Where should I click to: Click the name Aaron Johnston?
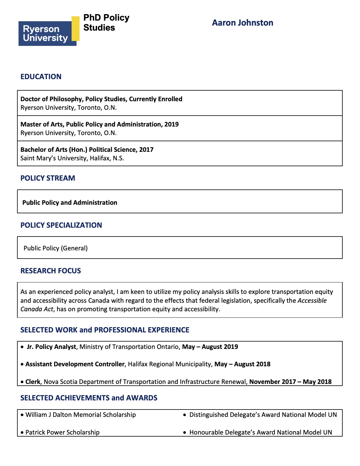242,23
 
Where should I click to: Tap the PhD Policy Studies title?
106,23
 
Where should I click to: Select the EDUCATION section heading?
41,76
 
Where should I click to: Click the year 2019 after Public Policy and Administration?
171,124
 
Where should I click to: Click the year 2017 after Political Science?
146,149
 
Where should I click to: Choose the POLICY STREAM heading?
48,178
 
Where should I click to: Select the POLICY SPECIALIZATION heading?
61,225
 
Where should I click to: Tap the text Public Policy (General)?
56,248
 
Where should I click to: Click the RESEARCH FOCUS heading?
51,271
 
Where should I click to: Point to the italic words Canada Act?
37,309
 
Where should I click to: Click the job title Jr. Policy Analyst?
51,347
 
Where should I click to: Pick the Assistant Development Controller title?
75,364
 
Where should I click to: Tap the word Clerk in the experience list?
33,382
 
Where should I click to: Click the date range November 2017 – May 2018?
290,382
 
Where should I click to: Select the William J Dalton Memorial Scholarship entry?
81,415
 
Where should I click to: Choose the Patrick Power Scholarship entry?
62,432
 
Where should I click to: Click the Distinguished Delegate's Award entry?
263,415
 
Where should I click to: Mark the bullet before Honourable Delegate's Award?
185,433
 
